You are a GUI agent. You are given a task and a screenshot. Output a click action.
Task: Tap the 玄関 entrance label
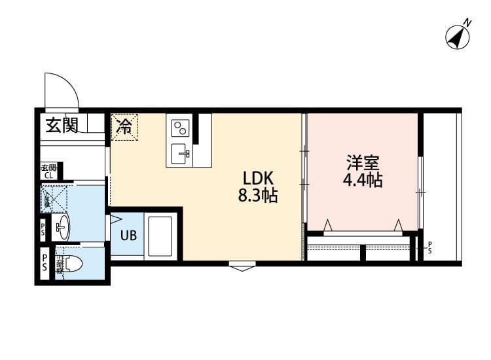pyautogui.click(x=62, y=125)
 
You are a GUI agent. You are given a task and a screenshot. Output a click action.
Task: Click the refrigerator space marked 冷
pyautogui.click(x=124, y=126)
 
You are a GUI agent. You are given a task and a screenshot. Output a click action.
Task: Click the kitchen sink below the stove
pyautogui.click(x=181, y=154)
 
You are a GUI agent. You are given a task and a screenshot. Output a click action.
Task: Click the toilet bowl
pyautogui.click(x=72, y=264)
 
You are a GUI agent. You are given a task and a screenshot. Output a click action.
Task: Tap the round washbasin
pyautogui.click(x=63, y=228)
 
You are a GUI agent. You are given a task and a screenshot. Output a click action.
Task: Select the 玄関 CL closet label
pyautogui.click(x=49, y=171)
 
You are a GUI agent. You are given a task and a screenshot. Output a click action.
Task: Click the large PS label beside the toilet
pyautogui.click(x=44, y=263)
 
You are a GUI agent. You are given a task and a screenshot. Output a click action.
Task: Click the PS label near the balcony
pyautogui.click(x=429, y=247)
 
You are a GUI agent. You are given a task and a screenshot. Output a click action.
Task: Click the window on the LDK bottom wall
pyautogui.click(x=242, y=265)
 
